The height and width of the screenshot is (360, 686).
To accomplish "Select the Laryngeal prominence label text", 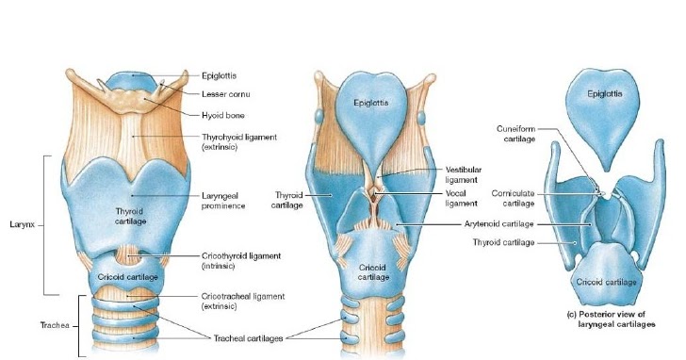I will [x=226, y=200].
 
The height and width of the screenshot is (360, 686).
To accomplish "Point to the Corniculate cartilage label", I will [x=514, y=198].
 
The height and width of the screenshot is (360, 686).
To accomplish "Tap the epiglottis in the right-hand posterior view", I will [x=603, y=94].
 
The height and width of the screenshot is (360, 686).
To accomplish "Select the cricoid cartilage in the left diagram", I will [x=127, y=277].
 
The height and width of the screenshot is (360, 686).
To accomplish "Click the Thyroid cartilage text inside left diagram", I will [x=128, y=216].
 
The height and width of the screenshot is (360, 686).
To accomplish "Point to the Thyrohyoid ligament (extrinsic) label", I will [x=239, y=142].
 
